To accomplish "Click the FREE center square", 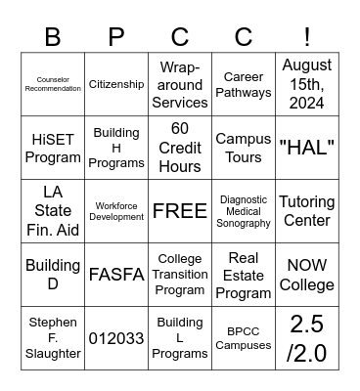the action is click(180, 211).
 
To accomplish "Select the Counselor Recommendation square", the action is click(53, 84).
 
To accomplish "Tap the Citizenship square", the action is click(116, 84).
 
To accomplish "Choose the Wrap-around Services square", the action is click(180, 84).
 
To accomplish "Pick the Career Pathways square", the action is click(244, 84).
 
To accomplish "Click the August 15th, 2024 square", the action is click(307, 84).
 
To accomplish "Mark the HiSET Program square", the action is click(53, 148).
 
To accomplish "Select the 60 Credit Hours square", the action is click(180, 148).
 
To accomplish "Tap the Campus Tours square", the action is click(244, 148).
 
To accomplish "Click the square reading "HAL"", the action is click(307, 148).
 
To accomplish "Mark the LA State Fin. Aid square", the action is click(53, 211).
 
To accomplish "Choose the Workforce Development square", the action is click(116, 211).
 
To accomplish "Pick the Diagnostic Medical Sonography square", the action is click(244, 211).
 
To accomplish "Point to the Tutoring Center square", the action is click(307, 211).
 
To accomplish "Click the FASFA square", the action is click(116, 275).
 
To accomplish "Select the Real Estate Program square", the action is click(244, 275).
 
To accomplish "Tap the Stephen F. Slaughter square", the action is click(53, 338).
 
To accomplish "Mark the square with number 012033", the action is click(116, 338).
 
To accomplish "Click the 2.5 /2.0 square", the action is click(307, 338).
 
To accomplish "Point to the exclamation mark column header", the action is click(307, 37).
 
